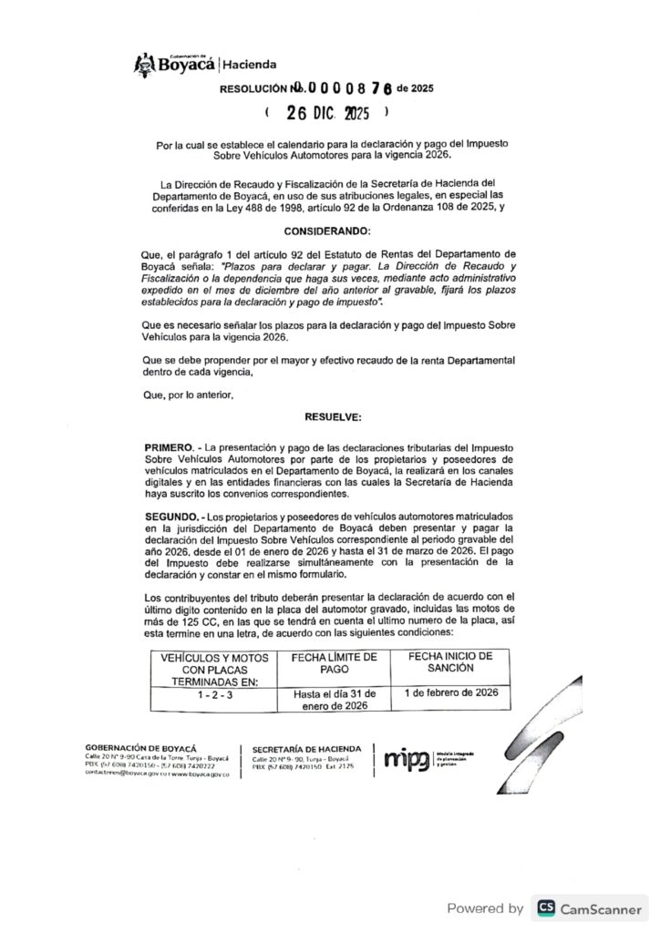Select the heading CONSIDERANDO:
coord(327,232)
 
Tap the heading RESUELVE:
coord(327,415)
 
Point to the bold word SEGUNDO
coord(170,516)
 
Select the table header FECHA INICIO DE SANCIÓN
coord(450,661)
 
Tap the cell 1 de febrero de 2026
coord(450,693)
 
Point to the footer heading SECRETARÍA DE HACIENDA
coord(306,748)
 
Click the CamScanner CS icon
coord(547,907)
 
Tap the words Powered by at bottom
coord(485,907)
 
